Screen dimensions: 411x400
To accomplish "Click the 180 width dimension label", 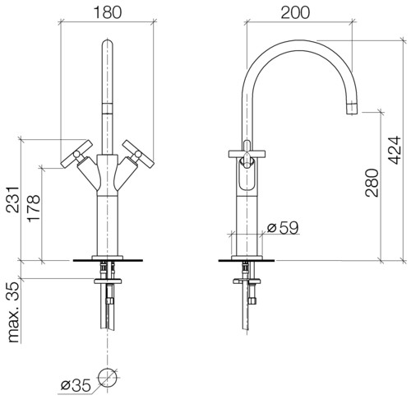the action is [107, 12].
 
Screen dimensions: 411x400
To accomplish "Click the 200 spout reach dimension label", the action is [295, 12].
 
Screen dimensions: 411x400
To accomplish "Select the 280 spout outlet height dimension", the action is [372, 183].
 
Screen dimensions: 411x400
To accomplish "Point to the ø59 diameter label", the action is [283, 227].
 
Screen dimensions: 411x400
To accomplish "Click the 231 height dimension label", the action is [13, 200].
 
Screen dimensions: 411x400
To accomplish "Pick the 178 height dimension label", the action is [34, 208].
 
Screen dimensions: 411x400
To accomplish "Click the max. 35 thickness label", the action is [13, 312].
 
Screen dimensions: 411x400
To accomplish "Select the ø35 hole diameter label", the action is [76, 385].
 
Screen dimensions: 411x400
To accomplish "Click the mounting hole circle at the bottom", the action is [108, 378].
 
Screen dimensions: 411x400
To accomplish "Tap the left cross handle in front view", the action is [76, 153].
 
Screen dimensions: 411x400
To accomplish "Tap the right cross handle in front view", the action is [138, 153].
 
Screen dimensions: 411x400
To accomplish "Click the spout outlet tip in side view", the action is [353, 109].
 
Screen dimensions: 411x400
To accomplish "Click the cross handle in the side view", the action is [247, 154].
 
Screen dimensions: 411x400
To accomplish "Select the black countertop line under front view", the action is [108, 260].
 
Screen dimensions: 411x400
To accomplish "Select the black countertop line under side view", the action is [247, 260].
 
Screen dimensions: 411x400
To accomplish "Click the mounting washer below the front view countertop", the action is [108, 281].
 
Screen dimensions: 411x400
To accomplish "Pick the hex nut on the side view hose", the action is [252, 300].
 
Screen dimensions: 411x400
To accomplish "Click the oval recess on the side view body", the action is [247, 175].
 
